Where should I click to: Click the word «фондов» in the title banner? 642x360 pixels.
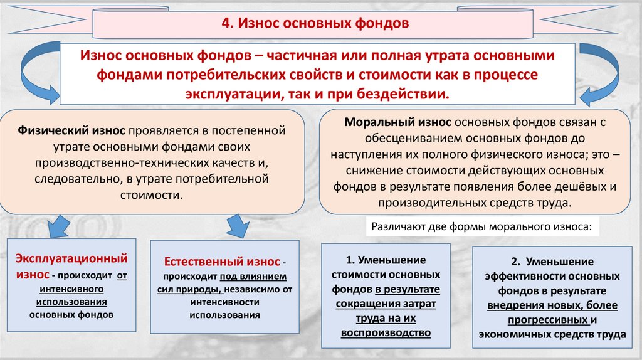pyautogui.click(x=382, y=24)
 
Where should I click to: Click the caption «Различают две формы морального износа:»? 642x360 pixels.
pyautogui.click(x=481, y=226)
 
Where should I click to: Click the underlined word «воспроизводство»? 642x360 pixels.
pyautogui.click(x=386, y=333)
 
